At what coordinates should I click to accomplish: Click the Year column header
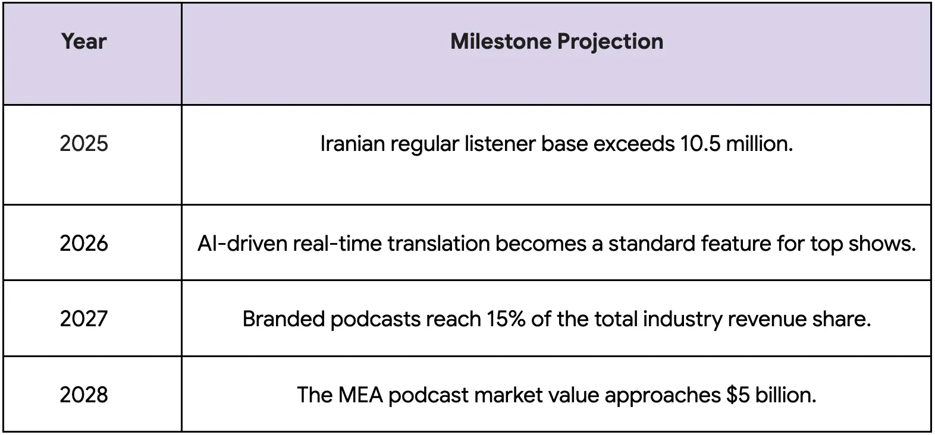pyautogui.click(x=84, y=42)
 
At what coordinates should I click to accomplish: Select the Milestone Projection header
pyautogui.click(x=557, y=42)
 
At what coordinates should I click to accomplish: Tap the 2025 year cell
pyautogui.click(x=84, y=144)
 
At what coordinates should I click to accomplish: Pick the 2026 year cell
pyautogui.click(x=84, y=244)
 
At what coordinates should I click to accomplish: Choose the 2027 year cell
pyautogui.click(x=84, y=319)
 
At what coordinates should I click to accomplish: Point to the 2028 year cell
pyautogui.click(x=84, y=395)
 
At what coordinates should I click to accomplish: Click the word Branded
pyautogui.click(x=283, y=319)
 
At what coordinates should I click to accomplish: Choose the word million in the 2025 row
pyautogui.click(x=759, y=144)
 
